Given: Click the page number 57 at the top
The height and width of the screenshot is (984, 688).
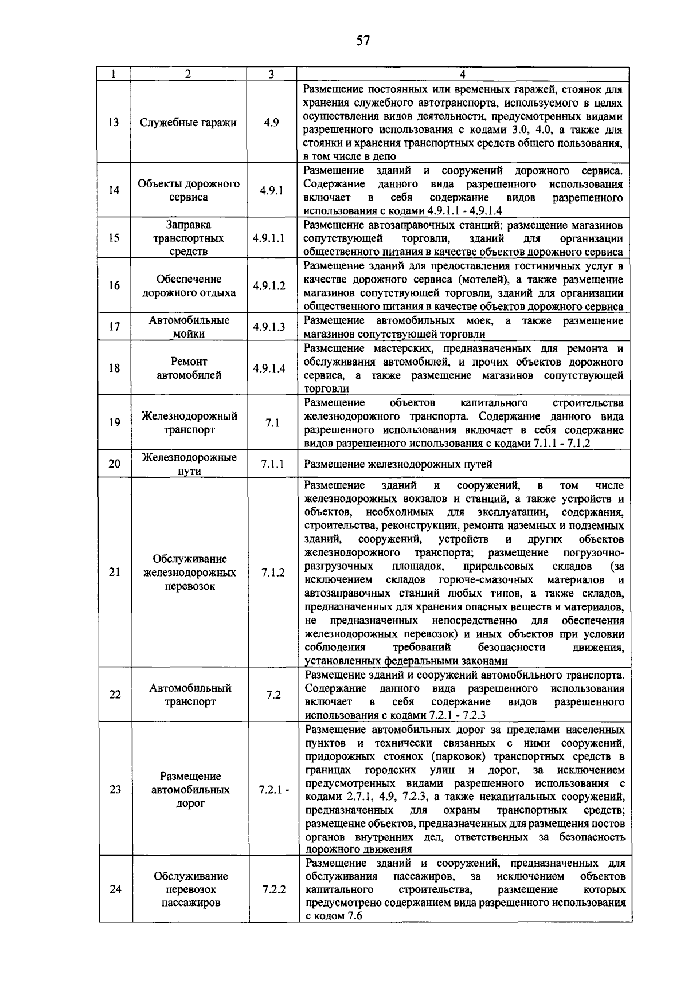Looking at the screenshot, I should pos(363,40).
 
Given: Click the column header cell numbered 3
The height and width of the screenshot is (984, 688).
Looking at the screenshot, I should pos(271,74).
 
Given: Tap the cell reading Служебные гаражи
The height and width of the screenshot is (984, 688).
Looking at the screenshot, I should pos(188,123).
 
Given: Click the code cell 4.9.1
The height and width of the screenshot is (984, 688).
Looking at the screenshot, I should pos(271,190).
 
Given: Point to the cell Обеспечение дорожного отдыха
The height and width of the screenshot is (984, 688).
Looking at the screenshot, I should pos(189,286).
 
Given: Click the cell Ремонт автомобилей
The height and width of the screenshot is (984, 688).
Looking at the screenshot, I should pos(189,368).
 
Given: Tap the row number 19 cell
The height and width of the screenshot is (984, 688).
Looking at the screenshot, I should pos(114,422).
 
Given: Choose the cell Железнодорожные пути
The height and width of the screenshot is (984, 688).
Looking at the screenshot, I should pos(189,464).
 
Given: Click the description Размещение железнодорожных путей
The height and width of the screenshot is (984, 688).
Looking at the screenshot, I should pos(398,464).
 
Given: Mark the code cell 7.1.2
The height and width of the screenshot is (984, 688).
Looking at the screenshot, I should pos(273,572).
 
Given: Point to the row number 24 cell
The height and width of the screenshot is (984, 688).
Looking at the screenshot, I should pos(115,889).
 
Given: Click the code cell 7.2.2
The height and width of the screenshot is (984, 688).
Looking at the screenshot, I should pos(274,889).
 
